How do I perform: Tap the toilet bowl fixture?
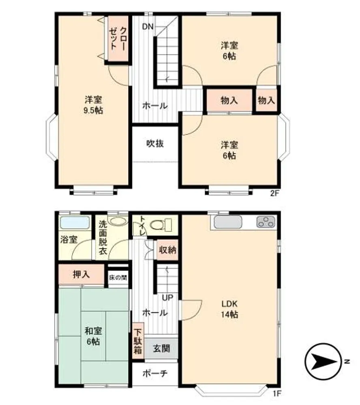161,225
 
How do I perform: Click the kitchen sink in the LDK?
228,222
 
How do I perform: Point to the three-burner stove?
266,222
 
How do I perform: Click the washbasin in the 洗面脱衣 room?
118,221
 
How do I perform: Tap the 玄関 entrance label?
162,348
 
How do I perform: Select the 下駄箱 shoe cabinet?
138,341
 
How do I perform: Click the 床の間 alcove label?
118,278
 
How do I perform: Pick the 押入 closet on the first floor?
81,275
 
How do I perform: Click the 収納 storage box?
167,250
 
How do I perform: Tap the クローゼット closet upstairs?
118,39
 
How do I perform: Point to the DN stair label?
148,26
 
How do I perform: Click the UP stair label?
167,298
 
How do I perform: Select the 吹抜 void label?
155,143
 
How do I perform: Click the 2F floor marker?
274,193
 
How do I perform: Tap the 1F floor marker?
277,394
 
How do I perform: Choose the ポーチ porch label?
155,373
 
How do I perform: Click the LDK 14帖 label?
229,309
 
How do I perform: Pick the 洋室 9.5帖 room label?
93,105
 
